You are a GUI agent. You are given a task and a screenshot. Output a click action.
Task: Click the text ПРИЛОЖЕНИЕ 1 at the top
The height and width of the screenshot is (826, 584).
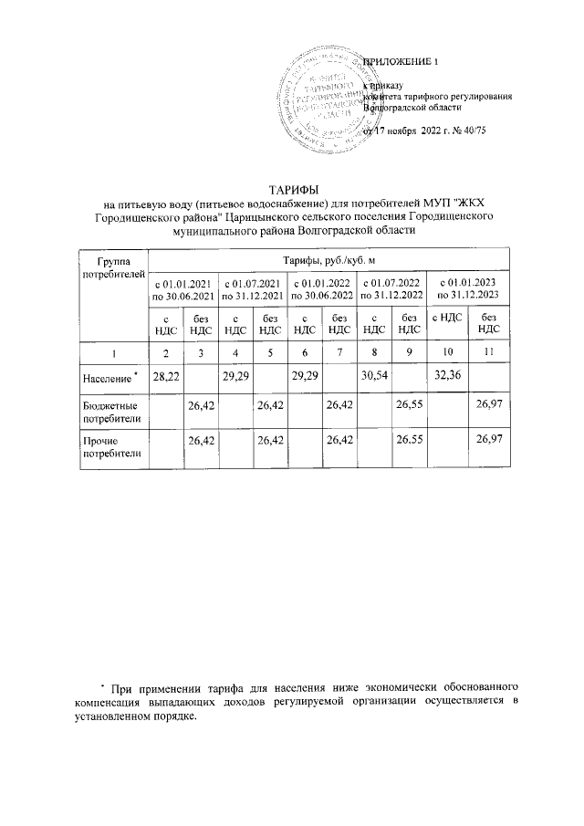click(x=401, y=61)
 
